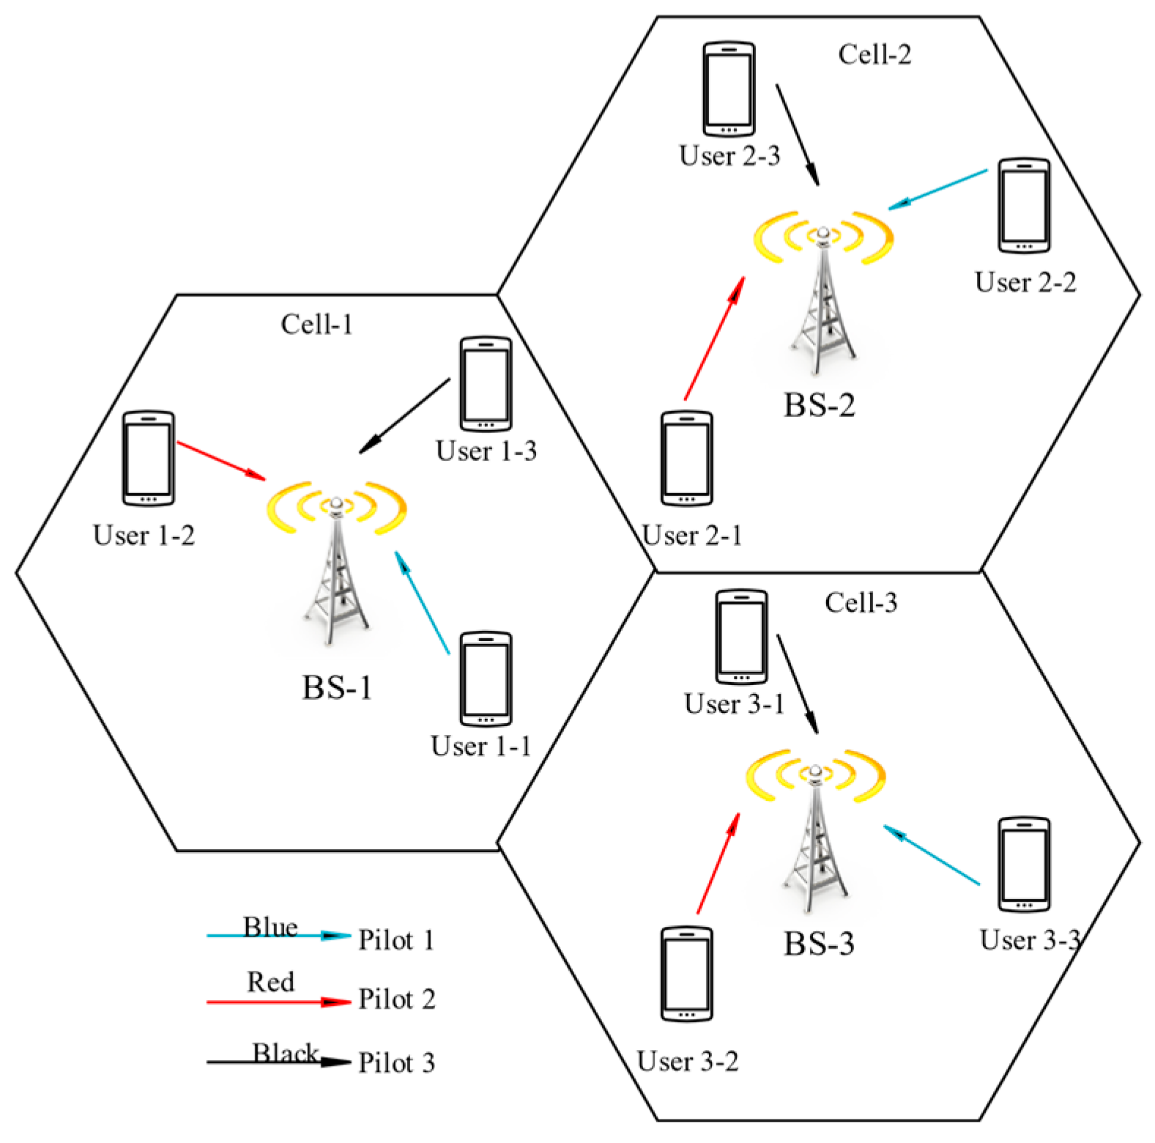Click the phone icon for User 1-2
(149, 458)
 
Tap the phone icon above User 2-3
(729, 89)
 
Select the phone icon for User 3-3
(1025, 865)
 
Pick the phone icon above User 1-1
(486, 679)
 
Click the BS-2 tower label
(820, 405)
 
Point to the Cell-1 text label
(317, 325)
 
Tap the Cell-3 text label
(861, 603)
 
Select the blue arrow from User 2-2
(938, 190)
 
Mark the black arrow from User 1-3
(405, 415)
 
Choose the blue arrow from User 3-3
(932, 855)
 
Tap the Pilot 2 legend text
(396, 999)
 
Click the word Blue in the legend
(270, 927)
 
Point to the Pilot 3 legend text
(396, 1062)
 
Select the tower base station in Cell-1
(337, 564)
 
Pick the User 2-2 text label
(1025, 283)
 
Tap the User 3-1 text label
(734, 704)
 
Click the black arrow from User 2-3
(798, 135)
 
